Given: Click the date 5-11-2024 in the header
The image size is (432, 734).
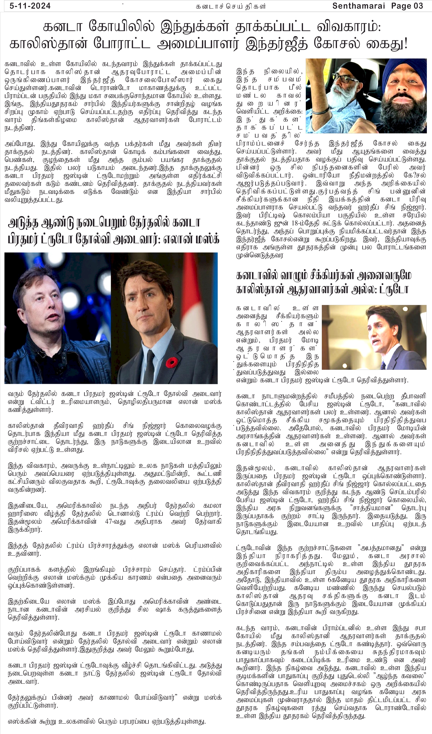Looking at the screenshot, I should (x=30, y=6).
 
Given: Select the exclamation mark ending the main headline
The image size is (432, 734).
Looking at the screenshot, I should (x=405, y=44).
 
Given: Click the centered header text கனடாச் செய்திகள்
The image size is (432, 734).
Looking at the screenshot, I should (x=230, y=6).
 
